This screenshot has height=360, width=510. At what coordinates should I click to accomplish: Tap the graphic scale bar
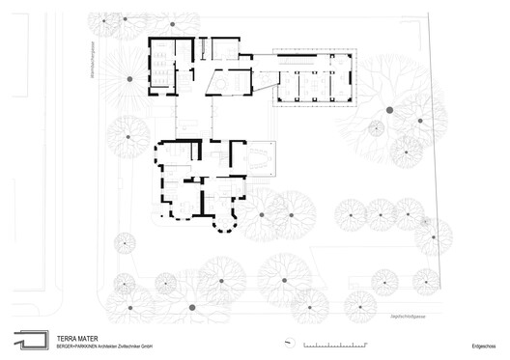tap(335, 345)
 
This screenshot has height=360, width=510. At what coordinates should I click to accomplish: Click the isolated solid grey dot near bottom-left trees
tap(190, 306)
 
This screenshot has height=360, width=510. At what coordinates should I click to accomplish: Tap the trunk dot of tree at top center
tap(174, 21)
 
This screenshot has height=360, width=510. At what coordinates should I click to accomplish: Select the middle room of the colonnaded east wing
tap(311, 84)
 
